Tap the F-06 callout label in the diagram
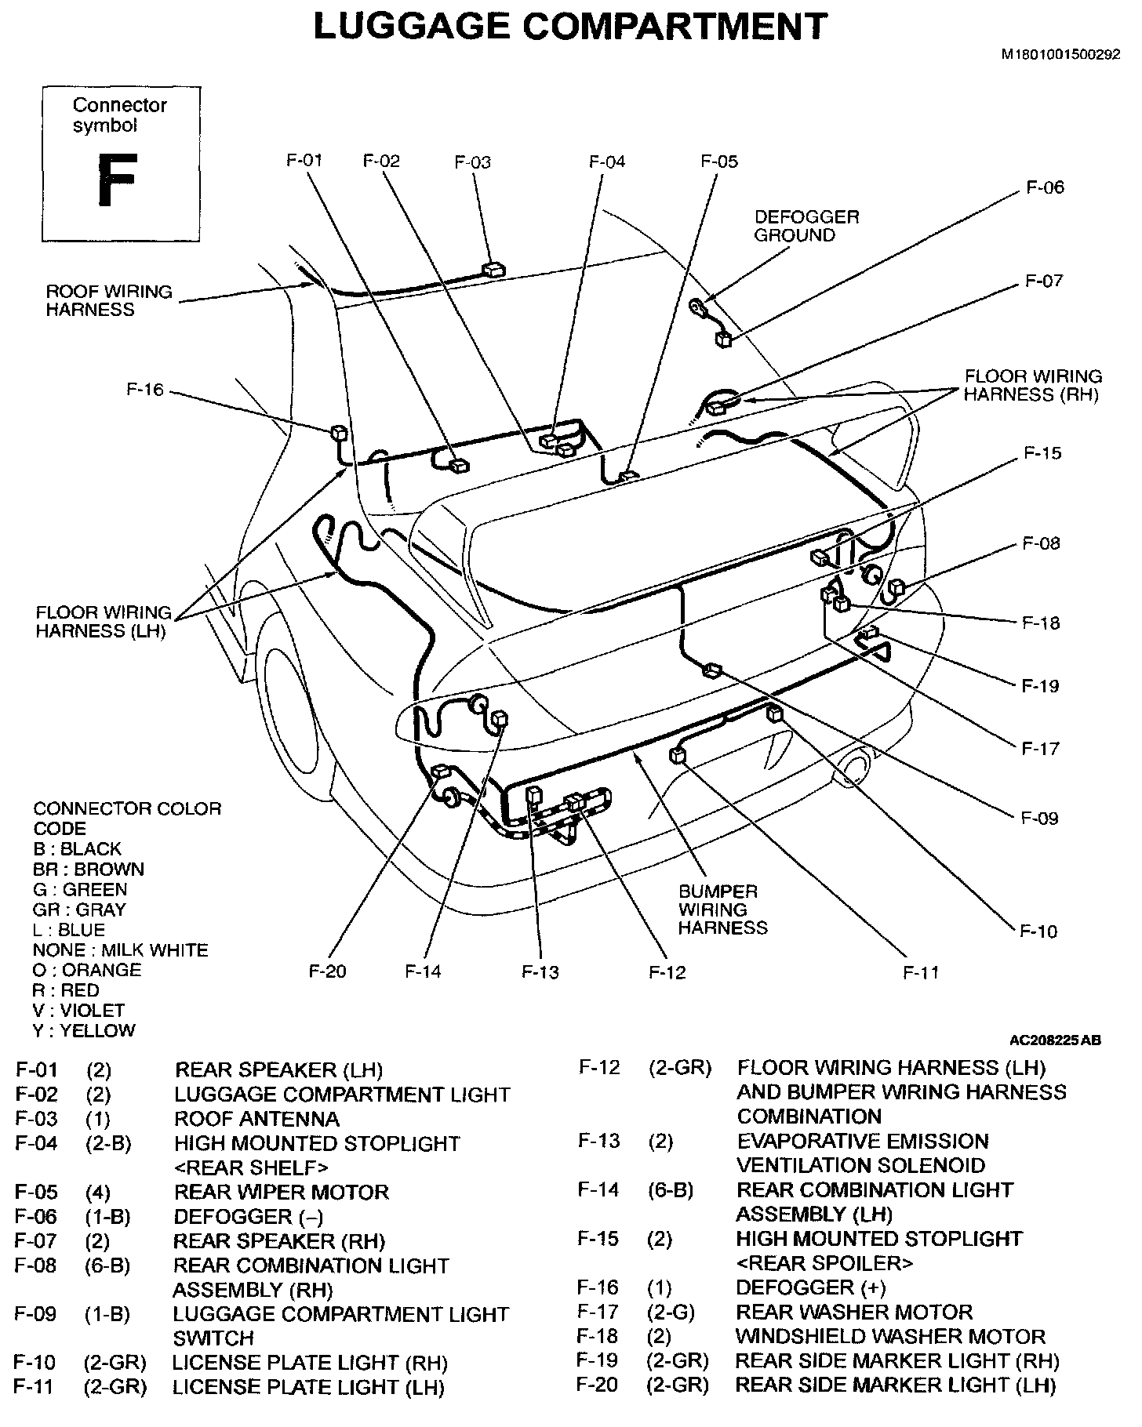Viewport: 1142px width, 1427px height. point(1045,187)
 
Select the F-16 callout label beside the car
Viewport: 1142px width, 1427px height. point(145,390)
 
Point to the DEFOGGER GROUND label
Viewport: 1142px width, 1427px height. point(806,226)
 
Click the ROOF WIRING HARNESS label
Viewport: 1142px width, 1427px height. point(108,300)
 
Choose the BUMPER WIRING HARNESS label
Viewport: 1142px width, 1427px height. point(722,910)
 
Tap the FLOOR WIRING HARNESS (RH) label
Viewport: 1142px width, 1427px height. point(1032,385)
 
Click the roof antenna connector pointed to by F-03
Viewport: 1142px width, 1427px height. point(494,270)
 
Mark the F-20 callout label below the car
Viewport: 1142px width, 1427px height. point(327,971)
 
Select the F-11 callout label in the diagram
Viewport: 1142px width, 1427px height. point(921,973)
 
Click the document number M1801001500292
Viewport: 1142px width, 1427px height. point(1060,56)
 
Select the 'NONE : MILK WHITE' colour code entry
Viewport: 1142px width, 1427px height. point(121,950)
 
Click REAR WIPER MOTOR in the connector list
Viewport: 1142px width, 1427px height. point(281,1193)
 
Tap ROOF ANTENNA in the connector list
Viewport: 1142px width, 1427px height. point(256,1119)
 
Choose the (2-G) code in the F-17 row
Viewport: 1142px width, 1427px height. point(671,1312)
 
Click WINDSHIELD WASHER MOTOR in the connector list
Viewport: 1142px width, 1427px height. point(890,1336)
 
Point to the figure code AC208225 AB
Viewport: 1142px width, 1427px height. point(1055,1040)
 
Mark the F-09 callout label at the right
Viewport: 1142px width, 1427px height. point(1040,819)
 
